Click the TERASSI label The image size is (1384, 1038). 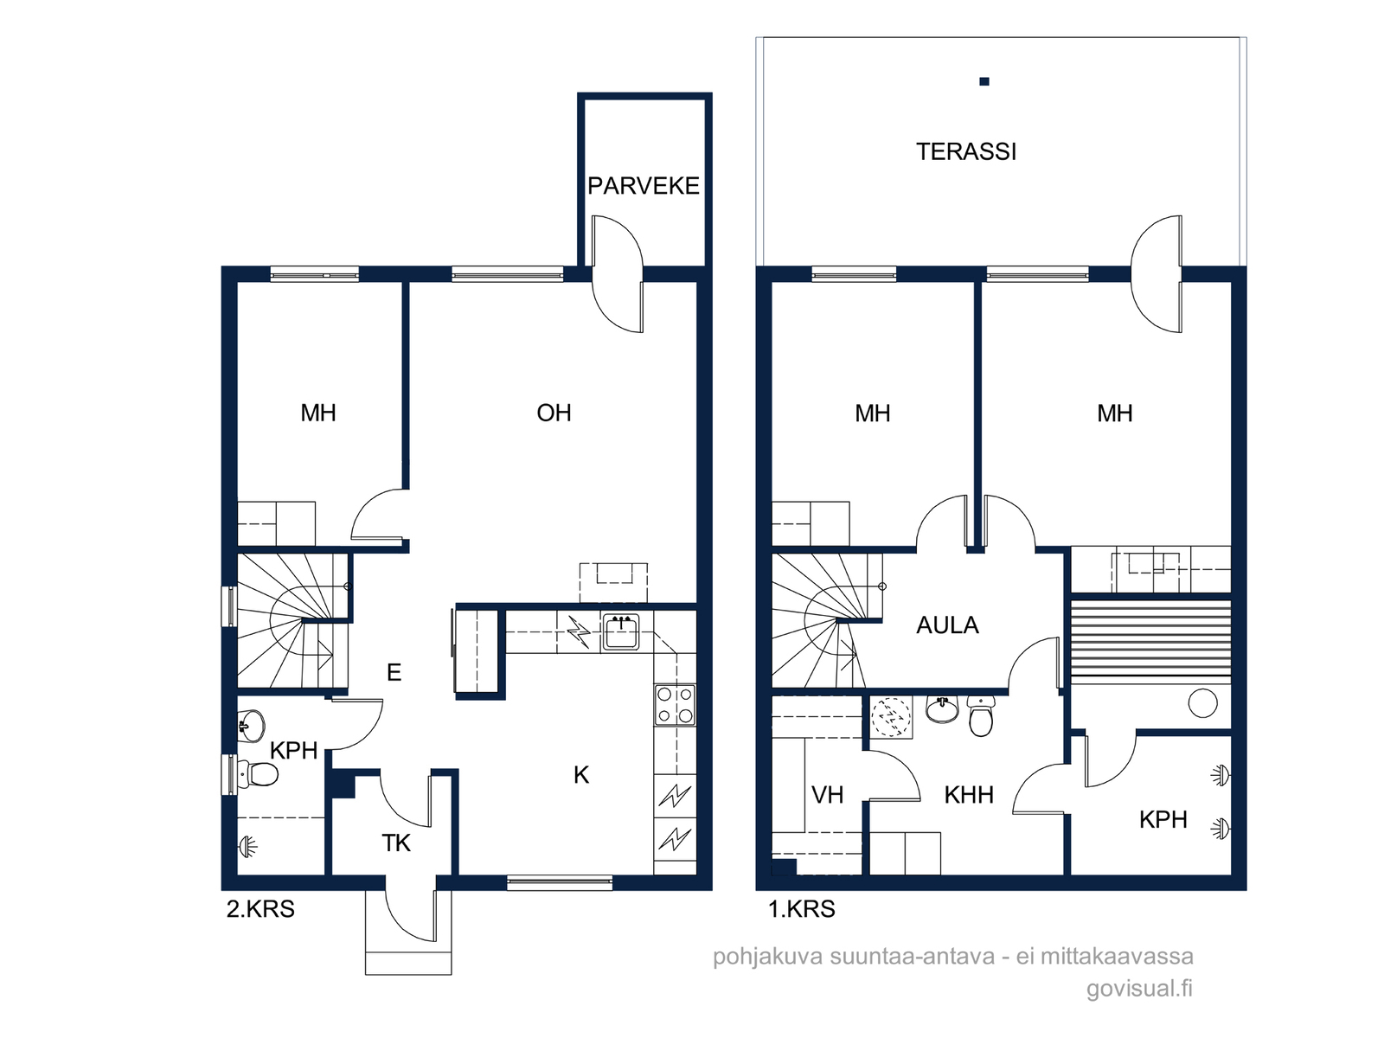coord(965,152)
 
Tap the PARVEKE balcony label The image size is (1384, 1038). coord(644,187)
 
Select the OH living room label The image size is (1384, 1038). coord(554,413)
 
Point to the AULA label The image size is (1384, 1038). coord(947,625)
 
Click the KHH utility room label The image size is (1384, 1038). coord(969,795)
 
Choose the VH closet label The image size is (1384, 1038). coord(827,795)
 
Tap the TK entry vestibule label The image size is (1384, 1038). coord(396,843)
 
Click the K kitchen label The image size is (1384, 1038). coord(581,775)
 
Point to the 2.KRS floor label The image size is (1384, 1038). coord(260,909)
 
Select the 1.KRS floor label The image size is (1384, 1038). coord(801,909)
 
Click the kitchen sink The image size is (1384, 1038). coord(621,631)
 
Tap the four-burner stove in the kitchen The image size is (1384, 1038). coord(676,705)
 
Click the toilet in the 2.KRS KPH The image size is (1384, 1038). coord(259,773)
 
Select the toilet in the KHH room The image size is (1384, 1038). coord(980,716)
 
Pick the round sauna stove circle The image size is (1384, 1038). coord(1202,703)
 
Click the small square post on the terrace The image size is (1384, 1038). coord(984,81)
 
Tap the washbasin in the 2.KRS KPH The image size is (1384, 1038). coord(252,727)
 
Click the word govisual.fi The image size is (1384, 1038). coord(1139,988)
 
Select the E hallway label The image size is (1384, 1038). coord(394,673)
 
